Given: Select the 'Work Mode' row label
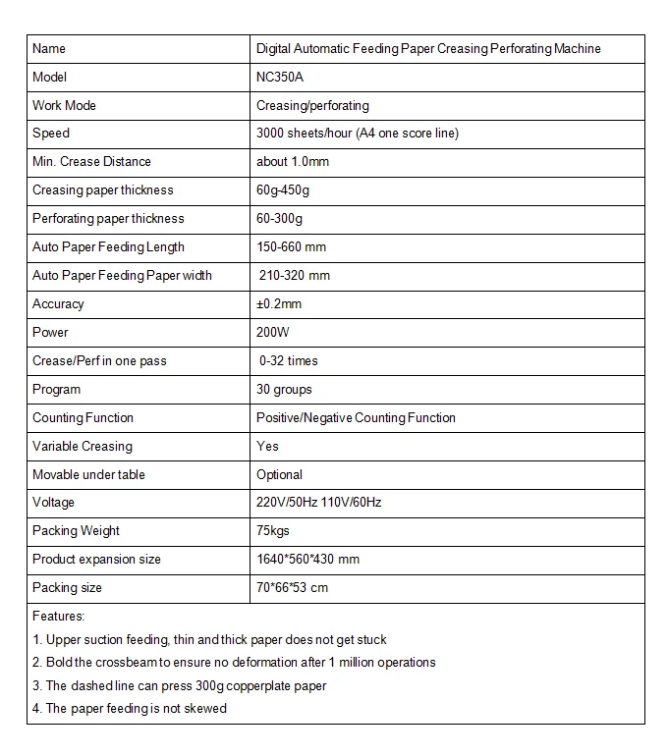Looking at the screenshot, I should pos(64,105).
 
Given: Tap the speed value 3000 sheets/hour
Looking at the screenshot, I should pos(357,134).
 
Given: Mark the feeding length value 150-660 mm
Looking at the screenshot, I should pos(291,247).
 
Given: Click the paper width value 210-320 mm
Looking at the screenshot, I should pos(295,276).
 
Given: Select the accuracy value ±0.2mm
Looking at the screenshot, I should pos(281,304).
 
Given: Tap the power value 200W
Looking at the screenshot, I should pos(274,333).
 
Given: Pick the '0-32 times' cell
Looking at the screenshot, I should pos(289,361).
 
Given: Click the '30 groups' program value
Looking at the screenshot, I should pos(284,390).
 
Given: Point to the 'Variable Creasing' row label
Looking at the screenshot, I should pos(82,447).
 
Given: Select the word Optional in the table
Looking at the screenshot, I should pos(279,475).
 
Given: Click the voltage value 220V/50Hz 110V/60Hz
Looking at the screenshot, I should pos(318,503).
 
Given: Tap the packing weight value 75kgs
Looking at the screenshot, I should pos(273,531).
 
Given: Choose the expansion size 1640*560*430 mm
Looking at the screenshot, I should pos(307,560).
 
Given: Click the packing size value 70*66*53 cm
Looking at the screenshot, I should pos(292,588).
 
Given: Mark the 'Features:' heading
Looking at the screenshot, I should pos(59,617).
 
